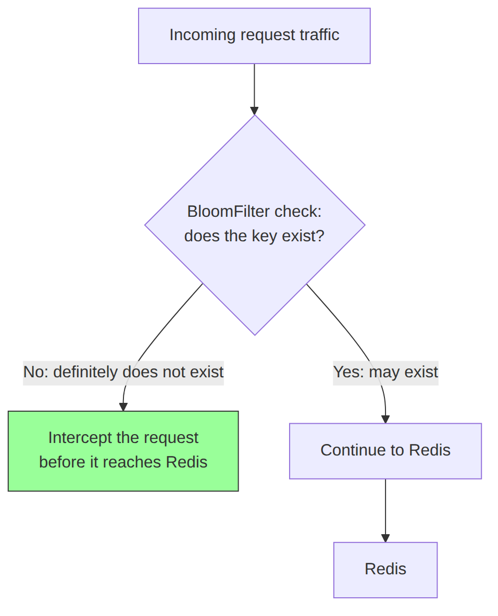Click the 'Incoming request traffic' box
click(x=254, y=36)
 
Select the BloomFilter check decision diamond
click(x=255, y=225)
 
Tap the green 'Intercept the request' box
click(x=123, y=451)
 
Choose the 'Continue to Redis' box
click(x=385, y=451)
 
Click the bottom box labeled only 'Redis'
click(x=385, y=570)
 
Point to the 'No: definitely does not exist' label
click(x=123, y=373)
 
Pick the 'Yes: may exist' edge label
click(x=385, y=373)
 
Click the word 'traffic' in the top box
click(x=319, y=35)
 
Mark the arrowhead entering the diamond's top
click(x=255, y=110)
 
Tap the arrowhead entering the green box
click(x=123, y=407)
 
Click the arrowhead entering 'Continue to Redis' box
click(x=385, y=419)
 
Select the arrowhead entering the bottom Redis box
click(x=385, y=538)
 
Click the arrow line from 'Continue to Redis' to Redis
click(x=385, y=511)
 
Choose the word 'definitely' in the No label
click(x=85, y=373)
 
